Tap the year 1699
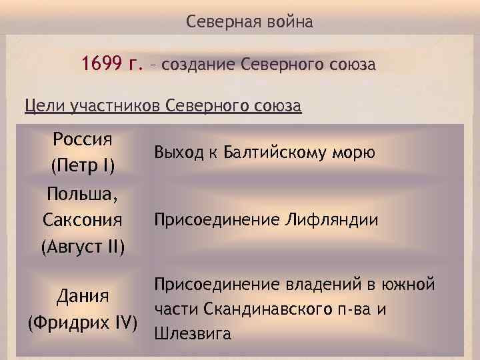coord(101,65)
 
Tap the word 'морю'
coord(355,153)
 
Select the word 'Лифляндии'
coord(331,219)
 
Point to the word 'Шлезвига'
coord(193,333)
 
